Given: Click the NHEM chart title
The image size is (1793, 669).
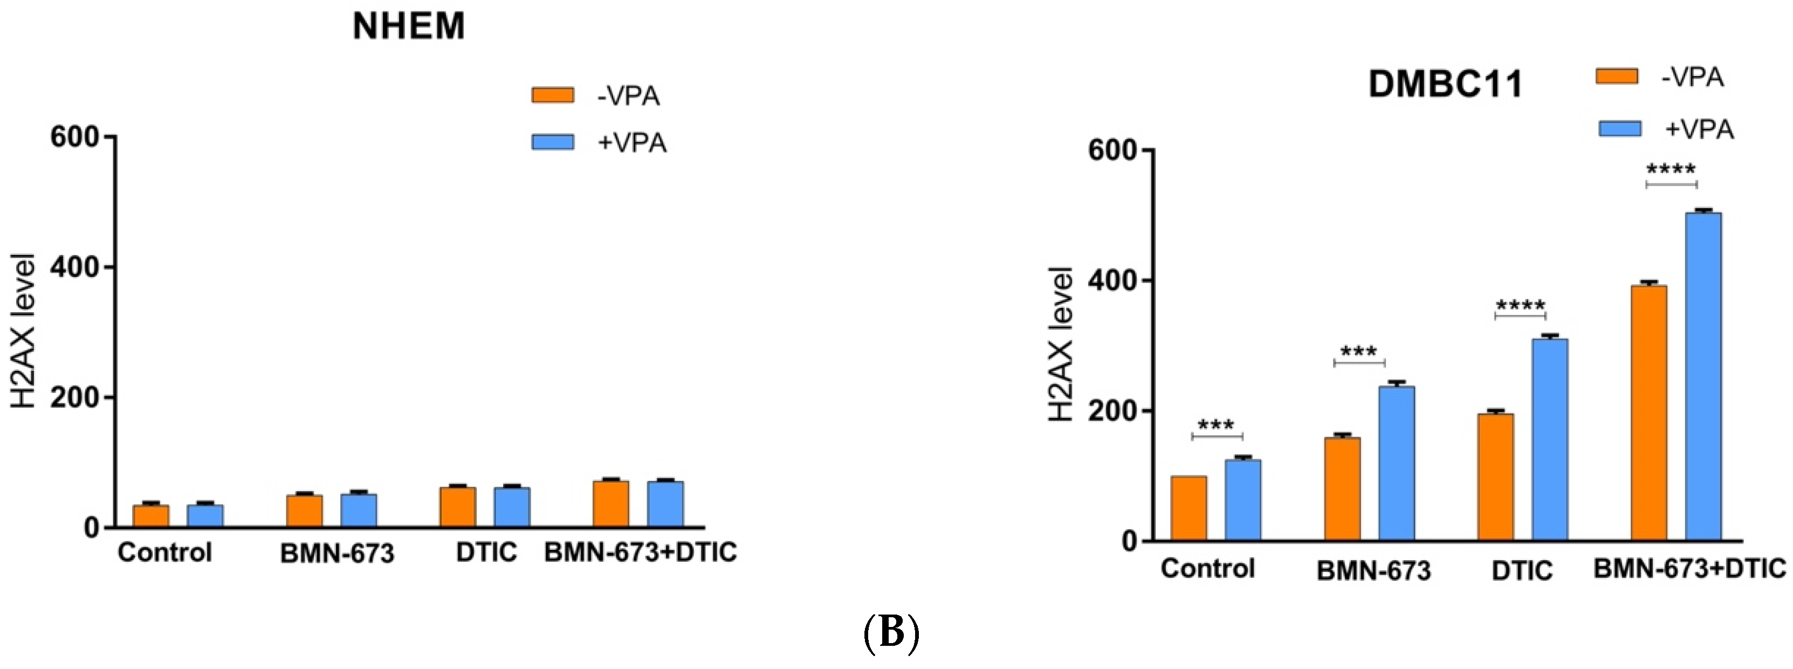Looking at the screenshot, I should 409,26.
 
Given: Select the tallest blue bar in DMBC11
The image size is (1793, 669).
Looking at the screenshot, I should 1703,376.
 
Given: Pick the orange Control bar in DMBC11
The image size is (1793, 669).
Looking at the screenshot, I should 1189,508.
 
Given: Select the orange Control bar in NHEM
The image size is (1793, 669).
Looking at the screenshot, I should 151,516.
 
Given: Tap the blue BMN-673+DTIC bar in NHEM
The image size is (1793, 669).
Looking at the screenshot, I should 665,504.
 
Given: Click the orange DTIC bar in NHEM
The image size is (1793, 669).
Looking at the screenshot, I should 458,507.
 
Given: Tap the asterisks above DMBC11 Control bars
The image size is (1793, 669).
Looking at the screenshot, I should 1216,425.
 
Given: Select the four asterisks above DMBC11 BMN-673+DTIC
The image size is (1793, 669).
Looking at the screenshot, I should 1671,169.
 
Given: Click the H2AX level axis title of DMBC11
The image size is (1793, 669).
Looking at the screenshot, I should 1061,344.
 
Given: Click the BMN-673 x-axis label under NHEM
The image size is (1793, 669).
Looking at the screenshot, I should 337,554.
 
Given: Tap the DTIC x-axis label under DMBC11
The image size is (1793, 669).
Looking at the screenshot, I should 1522,571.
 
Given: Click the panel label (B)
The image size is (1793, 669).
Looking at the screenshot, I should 891,633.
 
